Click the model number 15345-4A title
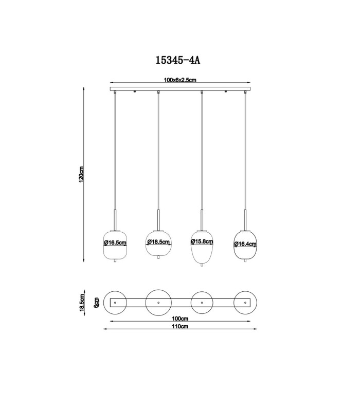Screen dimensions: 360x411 point(178,60)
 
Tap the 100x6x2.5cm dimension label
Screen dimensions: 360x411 point(180,80)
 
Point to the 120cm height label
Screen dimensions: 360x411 point(81,174)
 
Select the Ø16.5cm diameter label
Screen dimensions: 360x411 point(115,242)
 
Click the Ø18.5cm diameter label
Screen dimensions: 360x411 point(158,242)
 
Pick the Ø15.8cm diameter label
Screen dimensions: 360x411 point(202,241)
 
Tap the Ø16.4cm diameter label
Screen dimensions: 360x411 point(245,244)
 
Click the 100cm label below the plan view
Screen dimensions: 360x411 point(180,319)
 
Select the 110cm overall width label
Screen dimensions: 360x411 point(180,326)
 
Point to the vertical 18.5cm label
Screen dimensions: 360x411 point(82,303)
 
